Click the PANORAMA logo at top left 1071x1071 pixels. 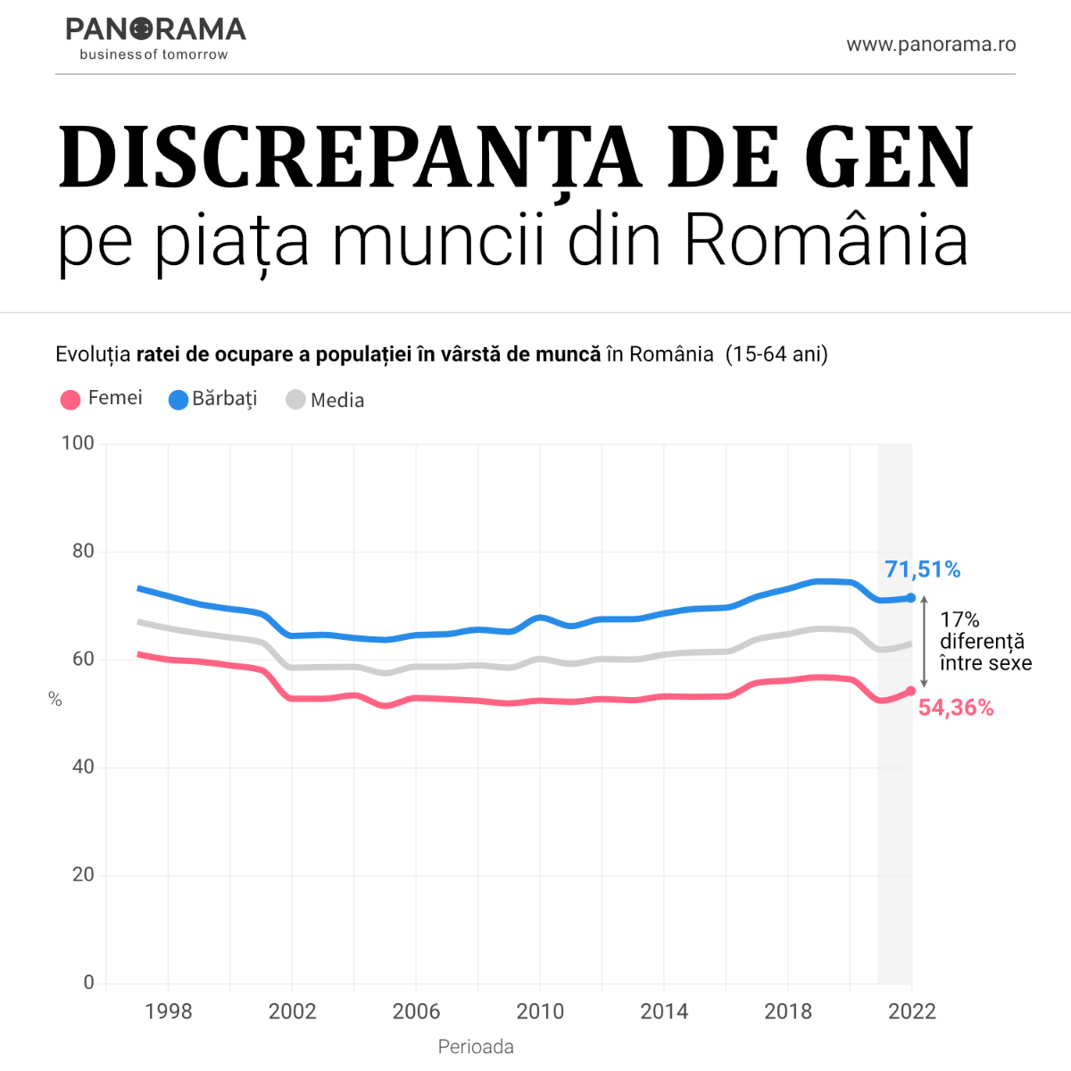click(x=155, y=37)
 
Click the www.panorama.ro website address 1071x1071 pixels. click(x=931, y=45)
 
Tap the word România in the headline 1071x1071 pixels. click(x=826, y=240)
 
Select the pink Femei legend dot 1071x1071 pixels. click(x=71, y=400)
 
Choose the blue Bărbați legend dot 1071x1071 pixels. click(x=178, y=400)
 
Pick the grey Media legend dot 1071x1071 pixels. click(x=295, y=400)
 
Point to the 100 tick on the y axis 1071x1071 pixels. click(x=78, y=444)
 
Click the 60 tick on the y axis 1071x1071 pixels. click(x=83, y=660)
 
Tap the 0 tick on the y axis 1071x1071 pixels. click(x=88, y=983)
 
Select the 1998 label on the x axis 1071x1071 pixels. click(x=169, y=1011)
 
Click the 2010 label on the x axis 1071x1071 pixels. click(x=540, y=1011)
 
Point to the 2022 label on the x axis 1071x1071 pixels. click(x=912, y=1011)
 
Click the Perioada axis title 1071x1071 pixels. click(x=476, y=1047)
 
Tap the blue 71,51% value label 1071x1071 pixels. click(x=922, y=569)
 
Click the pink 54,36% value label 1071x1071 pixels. click(x=956, y=708)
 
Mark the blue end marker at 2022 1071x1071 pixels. click(x=911, y=598)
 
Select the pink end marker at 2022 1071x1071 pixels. click(x=911, y=691)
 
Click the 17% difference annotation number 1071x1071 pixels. click(x=959, y=619)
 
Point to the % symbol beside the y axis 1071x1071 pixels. click(x=55, y=700)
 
